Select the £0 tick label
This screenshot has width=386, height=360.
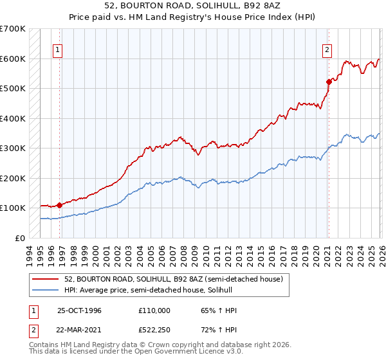[21, 238]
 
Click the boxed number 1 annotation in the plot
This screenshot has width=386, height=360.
[58, 50]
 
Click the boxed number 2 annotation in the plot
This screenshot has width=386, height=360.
[327, 50]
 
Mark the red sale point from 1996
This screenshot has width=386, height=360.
[60, 205]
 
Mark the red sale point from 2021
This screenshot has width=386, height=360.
[329, 82]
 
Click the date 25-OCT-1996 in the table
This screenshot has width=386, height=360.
[79, 310]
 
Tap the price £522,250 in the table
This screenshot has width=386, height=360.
[154, 330]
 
